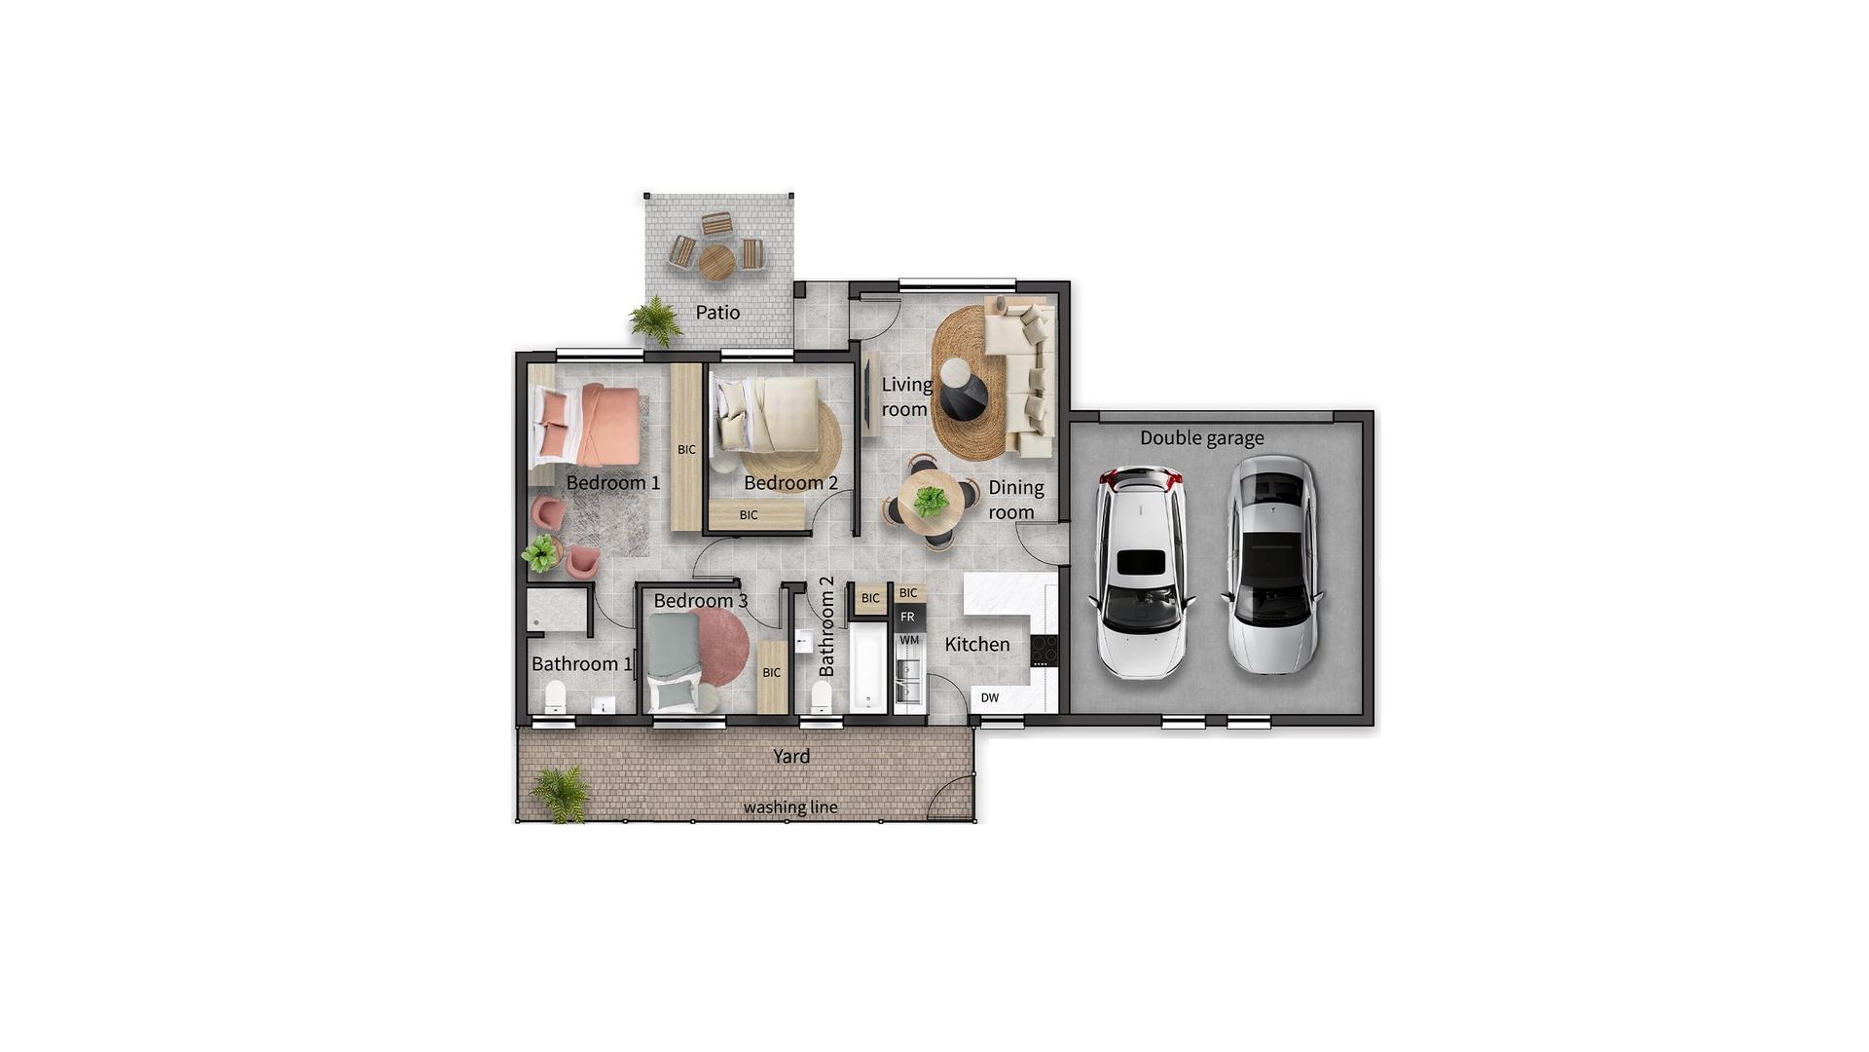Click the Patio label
click(717, 313)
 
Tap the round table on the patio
click(716, 261)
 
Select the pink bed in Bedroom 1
click(586, 426)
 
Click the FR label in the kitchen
click(907, 617)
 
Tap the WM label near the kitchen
click(909, 640)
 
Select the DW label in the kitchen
click(989, 697)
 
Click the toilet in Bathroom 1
click(555, 696)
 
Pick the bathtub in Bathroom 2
click(867, 668)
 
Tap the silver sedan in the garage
click(1272, 564)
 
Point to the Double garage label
click(1202, 438)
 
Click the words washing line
click(790, 808)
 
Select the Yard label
click(791, 756)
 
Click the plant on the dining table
click(932, 502)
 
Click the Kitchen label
click(977, 645)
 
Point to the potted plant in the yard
click(560, 793)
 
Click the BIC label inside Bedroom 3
click(772, 672)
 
